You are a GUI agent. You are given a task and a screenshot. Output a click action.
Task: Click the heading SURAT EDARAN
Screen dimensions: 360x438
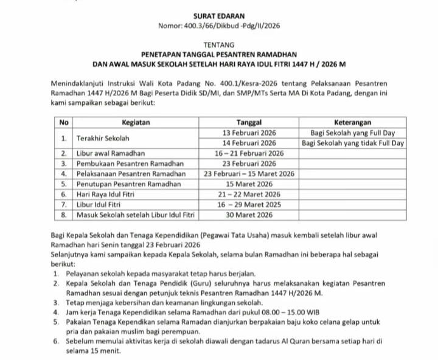pos(219,15)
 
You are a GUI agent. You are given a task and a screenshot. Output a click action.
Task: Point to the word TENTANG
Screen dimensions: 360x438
pos(218,44)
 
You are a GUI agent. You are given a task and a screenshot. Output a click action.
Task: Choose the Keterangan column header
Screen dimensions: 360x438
pos(353,122)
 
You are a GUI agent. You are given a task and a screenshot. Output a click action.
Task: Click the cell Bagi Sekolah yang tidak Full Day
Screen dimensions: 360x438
pos(353,143)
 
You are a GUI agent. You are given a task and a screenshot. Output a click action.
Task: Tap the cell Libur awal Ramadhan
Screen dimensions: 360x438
pos(110,153)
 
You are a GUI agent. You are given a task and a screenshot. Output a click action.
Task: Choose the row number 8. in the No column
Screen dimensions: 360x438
pos(63,215)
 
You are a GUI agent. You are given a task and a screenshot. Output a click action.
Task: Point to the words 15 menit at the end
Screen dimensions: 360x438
pos(96,351)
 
